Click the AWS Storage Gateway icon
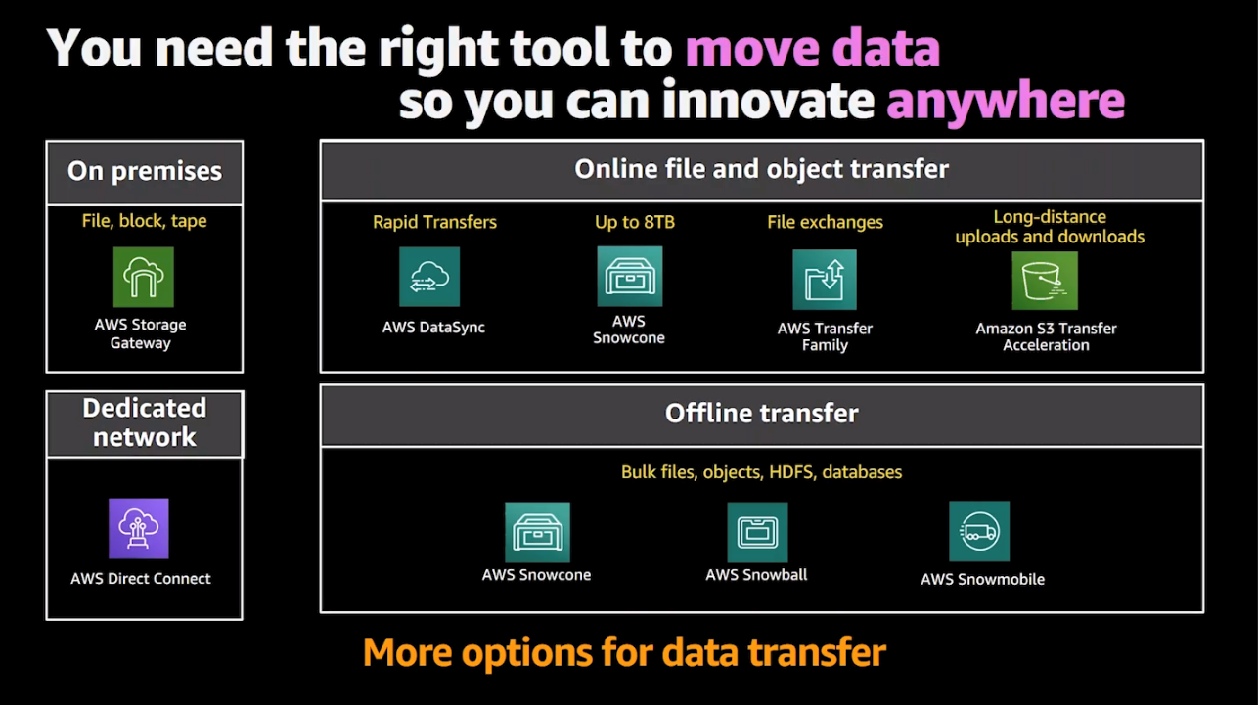[x=143, y=277]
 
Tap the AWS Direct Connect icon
[x=139, y=528]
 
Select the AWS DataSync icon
[x=429, y=277]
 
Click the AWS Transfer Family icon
[x=825, y=280]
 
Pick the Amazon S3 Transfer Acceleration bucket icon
[x=1045, y=281]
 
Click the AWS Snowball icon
[x=757, y=532]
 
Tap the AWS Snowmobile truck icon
[x=979, y=531]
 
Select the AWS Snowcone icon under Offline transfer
[x=537, y=532]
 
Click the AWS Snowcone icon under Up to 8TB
[x=630, y=276]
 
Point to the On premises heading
[x=145, y=171]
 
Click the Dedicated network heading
[x=145, y=422]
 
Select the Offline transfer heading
[x=761, y=414]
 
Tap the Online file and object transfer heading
[x=761, y=169]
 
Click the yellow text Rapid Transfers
[x=434, y=222]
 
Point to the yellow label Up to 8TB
[x=635, y=222]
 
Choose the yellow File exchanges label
[x=825, y=222]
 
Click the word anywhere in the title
[x=1005, y=101]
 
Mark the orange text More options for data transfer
[x=624, y=652]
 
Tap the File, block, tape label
[x=145, y=221]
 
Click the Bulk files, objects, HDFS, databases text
[x=761, y=472]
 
